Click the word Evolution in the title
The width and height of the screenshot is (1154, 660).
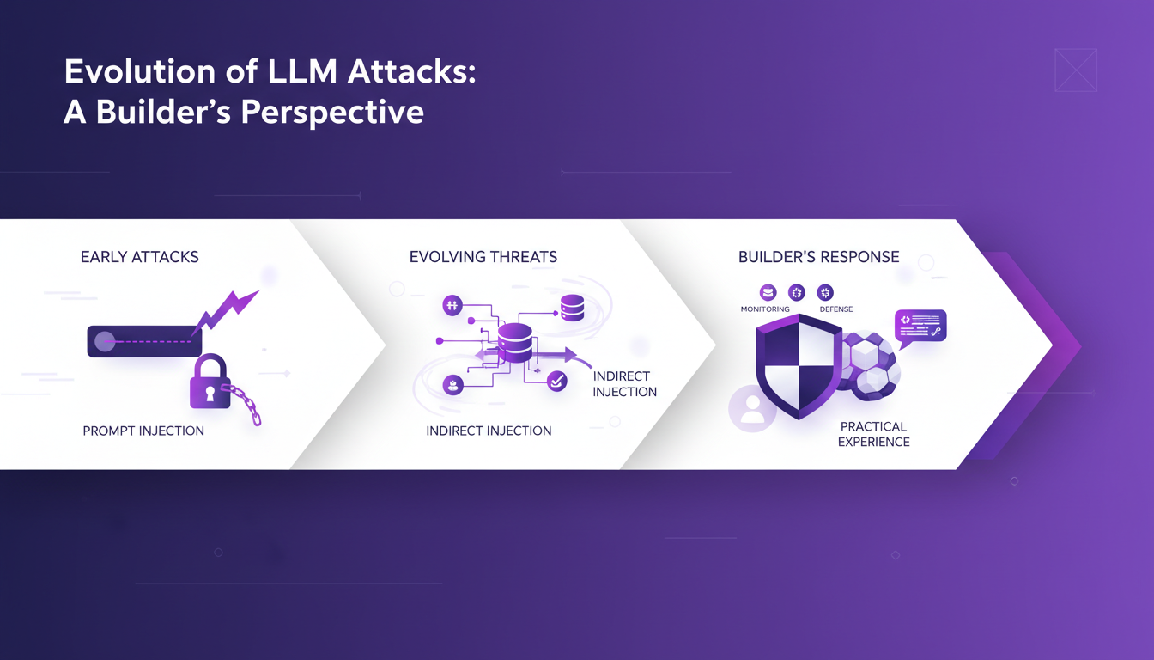coord(127,72)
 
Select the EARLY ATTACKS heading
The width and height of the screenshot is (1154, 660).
coord(140,257)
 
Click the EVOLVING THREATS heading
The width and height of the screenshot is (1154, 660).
coord(483,257)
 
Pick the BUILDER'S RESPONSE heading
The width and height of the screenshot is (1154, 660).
coord(819,257)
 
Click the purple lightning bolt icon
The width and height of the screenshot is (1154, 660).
coord(226,311)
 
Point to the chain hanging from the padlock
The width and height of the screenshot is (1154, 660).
coord(244,405)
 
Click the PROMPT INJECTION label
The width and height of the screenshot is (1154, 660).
coord(143,431)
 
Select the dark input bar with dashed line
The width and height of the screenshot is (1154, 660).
coord(144,341)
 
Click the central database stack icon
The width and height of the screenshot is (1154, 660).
coord(514,342)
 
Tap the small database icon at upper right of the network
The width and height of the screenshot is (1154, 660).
coord(572,308)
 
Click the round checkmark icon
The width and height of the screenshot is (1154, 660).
coord(557,381)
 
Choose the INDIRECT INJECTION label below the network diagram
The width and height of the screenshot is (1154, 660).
coord(489,431)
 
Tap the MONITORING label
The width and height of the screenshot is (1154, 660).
coord(765,309)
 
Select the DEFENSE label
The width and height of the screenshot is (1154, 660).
coord(835,309)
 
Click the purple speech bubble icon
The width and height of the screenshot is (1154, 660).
coord(920,327)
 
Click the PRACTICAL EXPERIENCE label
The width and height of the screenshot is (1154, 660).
coord(874,434)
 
